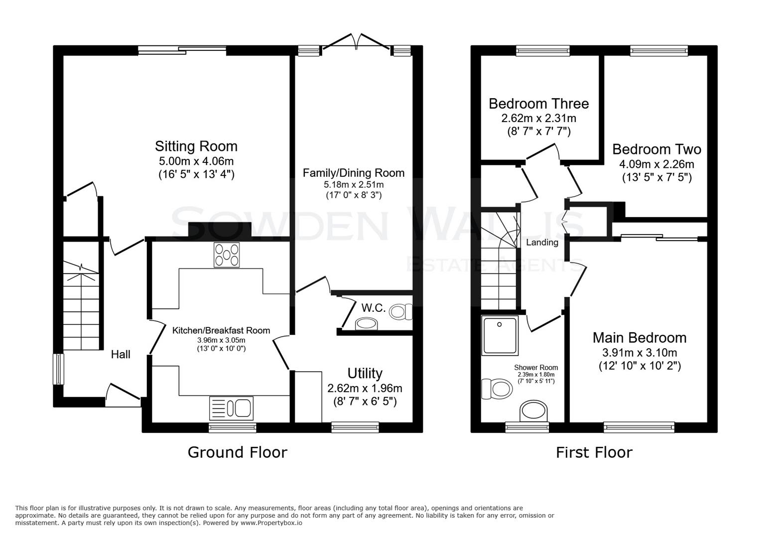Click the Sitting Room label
pos(196,146)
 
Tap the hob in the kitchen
pos(227,255)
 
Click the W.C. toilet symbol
pos(400,312)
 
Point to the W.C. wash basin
pos(367,324)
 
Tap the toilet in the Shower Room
pos(496,389)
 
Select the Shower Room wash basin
pos(533,411)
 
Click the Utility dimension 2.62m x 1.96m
pos(365,388)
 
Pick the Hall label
pos(121,354)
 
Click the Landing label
pos(542,243)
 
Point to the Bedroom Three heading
pos(538,104)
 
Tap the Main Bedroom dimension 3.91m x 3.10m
pos(640,353)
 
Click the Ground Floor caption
pos(237,452)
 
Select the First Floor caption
pos(594,452)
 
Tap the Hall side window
pos(59,369)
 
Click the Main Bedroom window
pos(639,426)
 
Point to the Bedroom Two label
pos(656,149)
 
